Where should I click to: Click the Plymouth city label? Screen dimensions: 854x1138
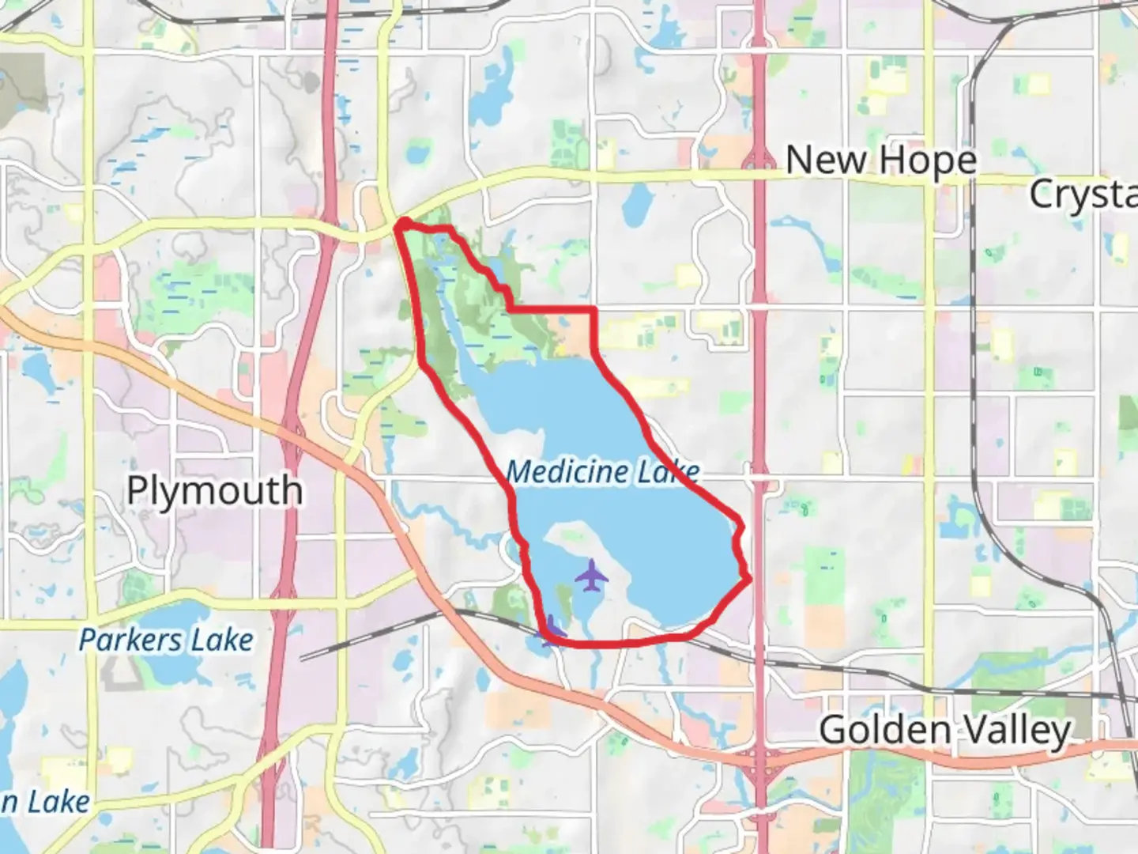[214, 491]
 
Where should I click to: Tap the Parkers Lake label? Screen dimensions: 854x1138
[166, 640]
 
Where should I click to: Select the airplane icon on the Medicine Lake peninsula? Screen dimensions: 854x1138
[591, 576]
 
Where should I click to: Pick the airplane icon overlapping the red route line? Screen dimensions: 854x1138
[551, 630]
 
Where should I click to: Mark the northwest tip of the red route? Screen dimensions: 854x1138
[401, 224]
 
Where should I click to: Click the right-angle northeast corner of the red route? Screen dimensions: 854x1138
[593, 309]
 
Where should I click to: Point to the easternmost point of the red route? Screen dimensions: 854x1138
[748, 580]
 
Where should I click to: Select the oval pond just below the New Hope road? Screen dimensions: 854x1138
[636, 207]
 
